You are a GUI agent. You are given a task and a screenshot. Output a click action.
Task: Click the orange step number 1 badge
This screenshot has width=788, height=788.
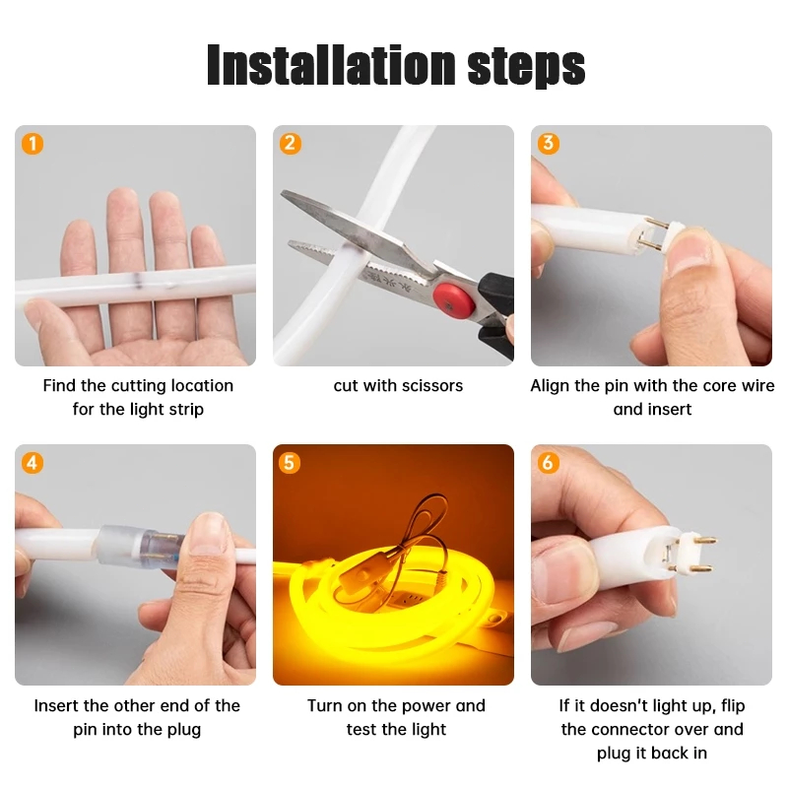(33, 144)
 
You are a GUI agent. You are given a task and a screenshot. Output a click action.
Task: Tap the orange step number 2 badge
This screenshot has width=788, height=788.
(291, 143)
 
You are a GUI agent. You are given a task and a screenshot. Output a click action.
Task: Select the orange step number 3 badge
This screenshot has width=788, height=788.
(549, 143)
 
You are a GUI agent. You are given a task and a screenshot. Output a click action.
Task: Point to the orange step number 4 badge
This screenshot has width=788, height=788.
(33, 463)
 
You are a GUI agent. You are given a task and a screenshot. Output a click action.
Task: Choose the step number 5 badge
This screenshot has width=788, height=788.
(290, 463)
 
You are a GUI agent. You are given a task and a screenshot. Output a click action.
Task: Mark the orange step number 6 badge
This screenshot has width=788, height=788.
(548, 463)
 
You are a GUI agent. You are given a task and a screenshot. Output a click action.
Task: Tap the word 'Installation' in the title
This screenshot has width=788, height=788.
(331, 65)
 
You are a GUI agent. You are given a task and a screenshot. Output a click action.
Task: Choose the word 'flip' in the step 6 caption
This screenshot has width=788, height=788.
(733, 705)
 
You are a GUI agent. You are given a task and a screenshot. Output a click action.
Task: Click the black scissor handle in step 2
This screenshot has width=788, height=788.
(496, 314)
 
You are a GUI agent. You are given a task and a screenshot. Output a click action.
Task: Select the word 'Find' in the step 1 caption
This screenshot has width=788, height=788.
(59, 385)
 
